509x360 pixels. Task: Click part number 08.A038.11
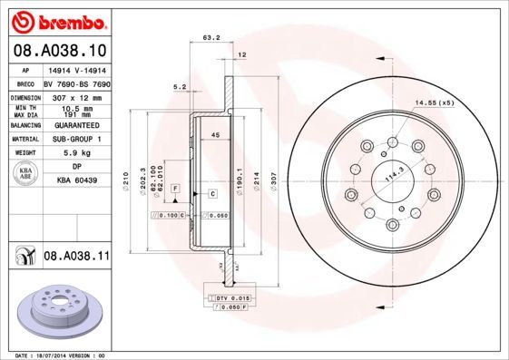[75, 258]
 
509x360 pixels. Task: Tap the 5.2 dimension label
[179, 87]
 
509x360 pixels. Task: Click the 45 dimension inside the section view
[216, 135]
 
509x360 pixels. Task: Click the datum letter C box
[212, 194]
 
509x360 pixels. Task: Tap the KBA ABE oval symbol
[26, 173]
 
